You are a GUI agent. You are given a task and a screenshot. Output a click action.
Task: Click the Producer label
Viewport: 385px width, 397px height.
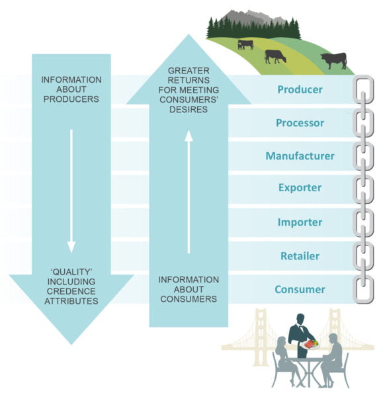click(x=300, y=89)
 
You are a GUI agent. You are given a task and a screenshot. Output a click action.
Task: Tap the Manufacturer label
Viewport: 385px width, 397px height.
click(x=300, y=156)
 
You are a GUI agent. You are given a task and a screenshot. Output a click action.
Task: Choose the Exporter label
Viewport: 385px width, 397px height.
click(x=300, y=188)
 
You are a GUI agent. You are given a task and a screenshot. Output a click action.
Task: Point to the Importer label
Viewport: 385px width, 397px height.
click(x=300, y=222)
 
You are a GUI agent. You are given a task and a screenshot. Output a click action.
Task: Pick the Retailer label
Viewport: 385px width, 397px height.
click(x=300, y=256)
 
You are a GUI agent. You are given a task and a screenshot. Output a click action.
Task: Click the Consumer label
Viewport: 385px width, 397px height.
click(x=300, y=289)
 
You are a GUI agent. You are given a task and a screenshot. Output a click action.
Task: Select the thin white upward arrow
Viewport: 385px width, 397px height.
click(x=189, y=192)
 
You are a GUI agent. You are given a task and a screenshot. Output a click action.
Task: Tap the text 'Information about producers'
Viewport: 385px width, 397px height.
click(x=71, y=90)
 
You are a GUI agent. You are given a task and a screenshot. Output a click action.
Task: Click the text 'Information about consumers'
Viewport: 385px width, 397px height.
click(x=189, y=289)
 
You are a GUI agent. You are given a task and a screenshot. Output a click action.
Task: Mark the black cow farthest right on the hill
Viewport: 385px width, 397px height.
click(x=333, y=61)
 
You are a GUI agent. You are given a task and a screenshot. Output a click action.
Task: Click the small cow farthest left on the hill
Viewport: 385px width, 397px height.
click(x=245, y=44)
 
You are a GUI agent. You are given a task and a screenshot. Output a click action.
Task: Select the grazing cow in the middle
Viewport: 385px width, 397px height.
click(x=275, y=56)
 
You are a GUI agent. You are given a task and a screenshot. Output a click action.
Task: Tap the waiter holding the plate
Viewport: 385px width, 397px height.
click(x=302, y=334)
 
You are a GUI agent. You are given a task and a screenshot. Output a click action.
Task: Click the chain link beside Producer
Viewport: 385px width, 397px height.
click(x=363, y=89)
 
